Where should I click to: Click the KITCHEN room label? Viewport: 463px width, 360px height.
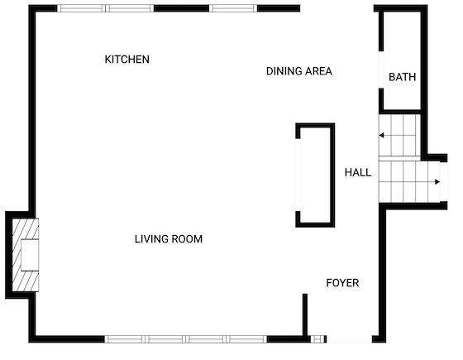(x=127, y=60)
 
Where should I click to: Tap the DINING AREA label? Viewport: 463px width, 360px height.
(x=299, y=71)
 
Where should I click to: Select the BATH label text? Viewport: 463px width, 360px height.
(x=402, y=77)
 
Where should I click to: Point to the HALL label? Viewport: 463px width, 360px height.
(x=358, y=172)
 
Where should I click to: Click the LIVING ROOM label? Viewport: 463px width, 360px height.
(x=169, y=239)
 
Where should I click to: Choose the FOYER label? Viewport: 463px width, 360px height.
(x=342, y=283)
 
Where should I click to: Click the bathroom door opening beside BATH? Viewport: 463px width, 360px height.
(x=381, y=70)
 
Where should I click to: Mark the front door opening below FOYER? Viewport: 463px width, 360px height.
(x=349, y=339)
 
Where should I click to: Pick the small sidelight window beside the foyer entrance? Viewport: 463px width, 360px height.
(x=317, y=339)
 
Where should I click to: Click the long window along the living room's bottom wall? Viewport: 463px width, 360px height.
(x=186, y=339)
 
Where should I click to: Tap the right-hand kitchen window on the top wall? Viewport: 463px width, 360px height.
(x=233, y=8)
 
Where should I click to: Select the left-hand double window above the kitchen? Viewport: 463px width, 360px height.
(x=106, y=8)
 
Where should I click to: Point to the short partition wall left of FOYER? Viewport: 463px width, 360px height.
(x=305, y=315)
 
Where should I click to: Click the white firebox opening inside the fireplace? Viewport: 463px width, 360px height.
(x=30, y=255)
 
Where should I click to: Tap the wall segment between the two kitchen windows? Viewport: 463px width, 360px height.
(x=182, y=8)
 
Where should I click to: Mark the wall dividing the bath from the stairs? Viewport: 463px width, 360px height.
(x=399, y=112)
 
